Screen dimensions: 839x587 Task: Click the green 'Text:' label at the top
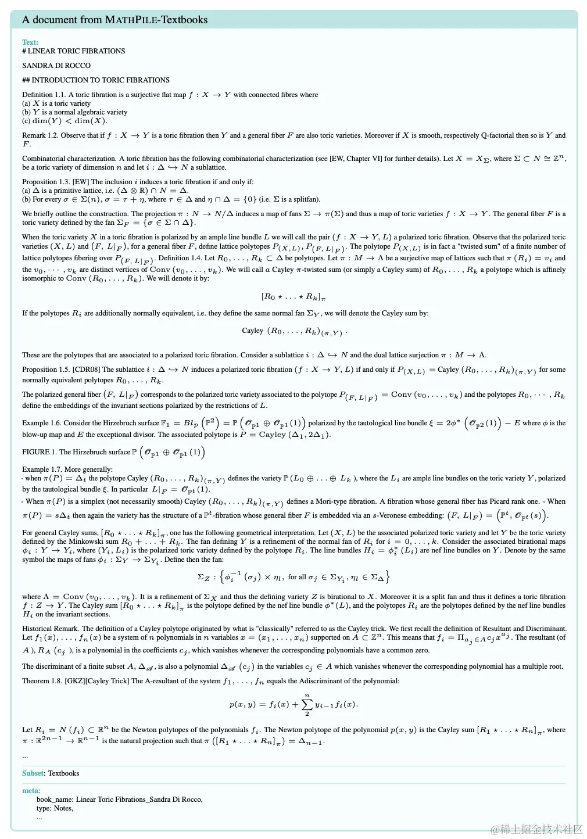[30, 42]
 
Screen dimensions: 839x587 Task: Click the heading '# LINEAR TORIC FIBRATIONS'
[74, 51]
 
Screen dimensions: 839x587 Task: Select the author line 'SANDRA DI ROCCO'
[56, 66]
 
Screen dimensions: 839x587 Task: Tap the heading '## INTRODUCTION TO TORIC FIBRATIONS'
[96, 80]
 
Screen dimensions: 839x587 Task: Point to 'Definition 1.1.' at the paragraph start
[44, 95]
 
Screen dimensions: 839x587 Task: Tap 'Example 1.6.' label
[41, 423]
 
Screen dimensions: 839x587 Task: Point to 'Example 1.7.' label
[41, 469]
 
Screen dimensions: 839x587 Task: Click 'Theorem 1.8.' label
[42, 681]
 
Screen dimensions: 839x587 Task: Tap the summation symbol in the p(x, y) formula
[307, 704]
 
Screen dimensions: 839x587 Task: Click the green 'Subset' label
[33, 773]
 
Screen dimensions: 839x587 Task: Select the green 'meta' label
[30, 791]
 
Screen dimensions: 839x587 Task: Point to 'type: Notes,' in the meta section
[55, 808]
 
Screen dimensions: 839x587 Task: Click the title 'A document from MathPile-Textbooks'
[114, 20]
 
